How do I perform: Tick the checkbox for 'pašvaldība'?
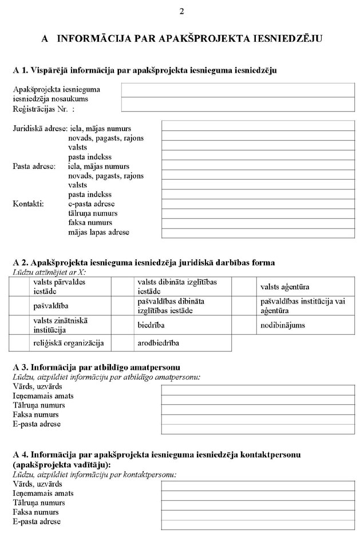point(19,306)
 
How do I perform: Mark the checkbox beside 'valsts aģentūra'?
point(243,286)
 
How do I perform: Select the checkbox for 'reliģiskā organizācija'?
point(19,343)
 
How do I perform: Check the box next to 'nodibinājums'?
point(243,325)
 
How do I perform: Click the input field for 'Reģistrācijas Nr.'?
point(238,104)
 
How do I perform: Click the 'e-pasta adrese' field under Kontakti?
point(258,204)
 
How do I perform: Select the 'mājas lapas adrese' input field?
point(258,232)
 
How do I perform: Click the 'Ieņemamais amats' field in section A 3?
point(258,396)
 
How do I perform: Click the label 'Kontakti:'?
point(28,204)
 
